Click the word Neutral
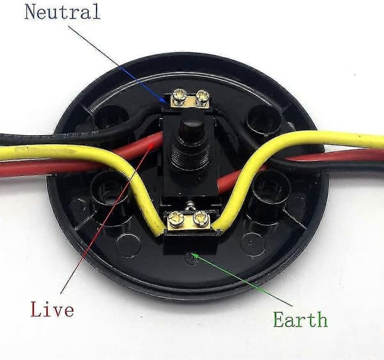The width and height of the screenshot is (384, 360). (x=62, y=12)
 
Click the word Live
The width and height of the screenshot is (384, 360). (x=52, y=309)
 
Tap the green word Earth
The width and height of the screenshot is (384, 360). (x=300, y=319)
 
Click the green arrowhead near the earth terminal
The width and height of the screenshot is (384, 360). (x=195, y=256)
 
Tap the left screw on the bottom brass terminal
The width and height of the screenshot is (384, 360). (x=177, y=218)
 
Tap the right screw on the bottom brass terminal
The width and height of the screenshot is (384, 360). (x=200, y=218)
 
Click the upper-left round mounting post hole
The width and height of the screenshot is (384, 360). (x=111, y=119)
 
